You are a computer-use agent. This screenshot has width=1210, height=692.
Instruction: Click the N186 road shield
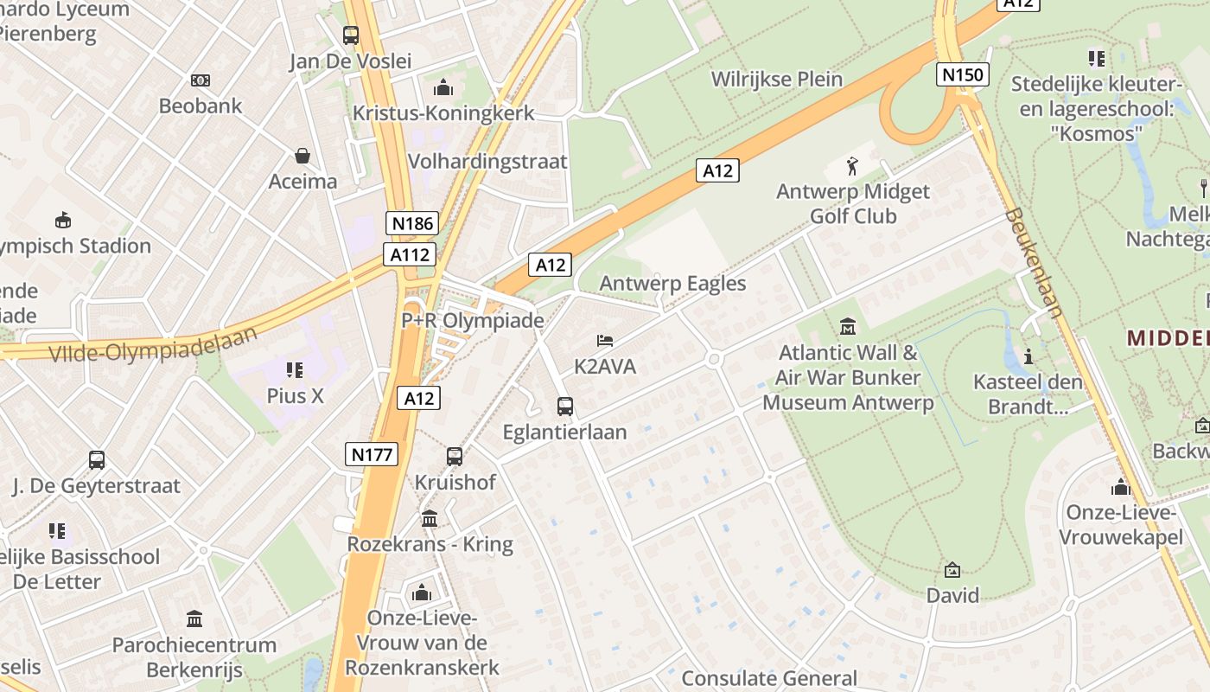[413, 223]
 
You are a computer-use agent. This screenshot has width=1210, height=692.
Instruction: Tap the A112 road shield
[410, 254]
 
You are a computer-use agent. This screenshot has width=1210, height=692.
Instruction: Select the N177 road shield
[372, 454]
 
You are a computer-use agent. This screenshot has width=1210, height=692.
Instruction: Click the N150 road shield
[962, 74]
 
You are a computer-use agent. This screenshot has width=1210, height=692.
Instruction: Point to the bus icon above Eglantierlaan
[565, 406]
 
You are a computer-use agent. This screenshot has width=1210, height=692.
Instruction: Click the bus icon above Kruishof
[455, 456]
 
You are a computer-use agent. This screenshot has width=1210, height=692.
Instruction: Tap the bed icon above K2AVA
[605, 341]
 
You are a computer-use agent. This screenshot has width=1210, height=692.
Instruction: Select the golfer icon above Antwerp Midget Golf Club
[852, 166]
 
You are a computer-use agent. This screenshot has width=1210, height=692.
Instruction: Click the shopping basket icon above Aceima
[302, 156]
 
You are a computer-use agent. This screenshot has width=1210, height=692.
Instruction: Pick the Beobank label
[201, 106]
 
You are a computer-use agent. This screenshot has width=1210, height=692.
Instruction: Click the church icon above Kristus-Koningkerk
[443, 87]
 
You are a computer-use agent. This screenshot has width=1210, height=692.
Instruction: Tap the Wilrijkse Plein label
[776, 79]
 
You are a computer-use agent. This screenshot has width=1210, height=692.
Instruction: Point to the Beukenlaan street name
[1034, 262]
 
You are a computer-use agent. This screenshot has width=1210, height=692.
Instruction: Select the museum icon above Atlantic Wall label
[847, 327]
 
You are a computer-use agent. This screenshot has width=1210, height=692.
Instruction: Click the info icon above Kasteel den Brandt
[1028, 356]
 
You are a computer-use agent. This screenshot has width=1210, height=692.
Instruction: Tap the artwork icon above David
[952, 570]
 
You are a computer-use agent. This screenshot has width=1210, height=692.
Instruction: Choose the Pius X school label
[295, 395]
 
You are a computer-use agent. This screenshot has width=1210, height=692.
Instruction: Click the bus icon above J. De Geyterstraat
[97, 460]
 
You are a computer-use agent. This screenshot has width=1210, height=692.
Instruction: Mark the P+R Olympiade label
[473, 320]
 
